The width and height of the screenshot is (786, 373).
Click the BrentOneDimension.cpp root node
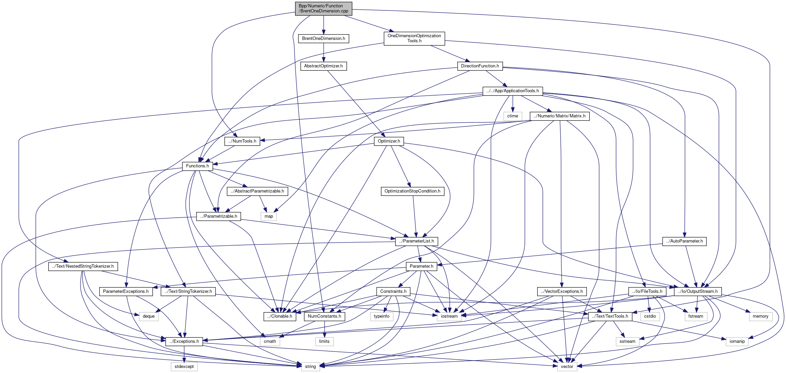coord(324,8)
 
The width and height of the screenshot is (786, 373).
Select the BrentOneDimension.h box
coord(324,39)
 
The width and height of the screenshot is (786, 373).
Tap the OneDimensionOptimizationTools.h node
coord(414,38)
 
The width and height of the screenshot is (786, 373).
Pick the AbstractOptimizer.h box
coord(323,66)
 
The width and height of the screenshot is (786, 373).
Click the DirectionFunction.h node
coord(480,66)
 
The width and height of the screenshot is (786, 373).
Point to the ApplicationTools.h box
coord(513,91)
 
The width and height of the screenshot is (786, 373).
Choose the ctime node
coord(512,116)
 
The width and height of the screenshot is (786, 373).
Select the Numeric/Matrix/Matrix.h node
coord(560,116)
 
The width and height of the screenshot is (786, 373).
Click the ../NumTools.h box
coord(242,141)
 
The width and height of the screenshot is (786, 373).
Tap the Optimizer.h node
coord(389,141)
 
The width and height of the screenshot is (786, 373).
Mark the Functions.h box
coord(197,166)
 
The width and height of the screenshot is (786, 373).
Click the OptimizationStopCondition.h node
coord(412,191)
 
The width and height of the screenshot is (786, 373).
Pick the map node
coord(269,216)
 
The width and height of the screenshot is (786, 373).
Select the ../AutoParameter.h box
coord(684,241)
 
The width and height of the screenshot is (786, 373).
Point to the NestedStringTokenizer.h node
coord(83,266)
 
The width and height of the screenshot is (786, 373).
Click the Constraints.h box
coord(393,291)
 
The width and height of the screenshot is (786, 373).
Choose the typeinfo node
coord(382,316)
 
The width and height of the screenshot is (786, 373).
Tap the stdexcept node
coord(184,367)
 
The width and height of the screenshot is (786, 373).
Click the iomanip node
coord(737,341)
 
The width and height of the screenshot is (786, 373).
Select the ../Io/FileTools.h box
coord(647,291)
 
